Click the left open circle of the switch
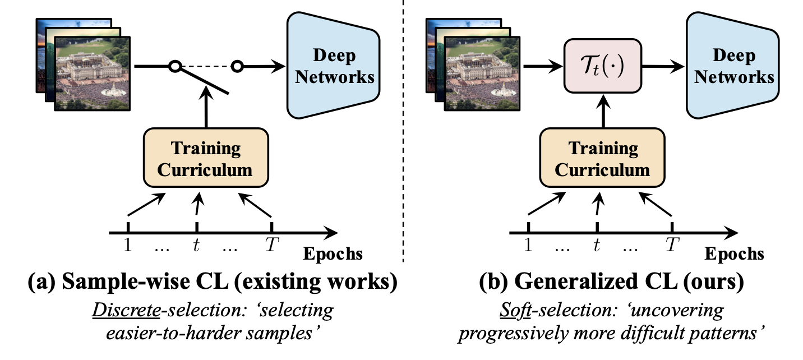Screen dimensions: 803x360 click(x=175, y=66)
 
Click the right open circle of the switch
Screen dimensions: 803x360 click(x=237, y=66)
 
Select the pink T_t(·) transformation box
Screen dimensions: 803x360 click(x=603, y=66)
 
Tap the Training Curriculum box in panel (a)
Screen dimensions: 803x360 click(x=206, y=158)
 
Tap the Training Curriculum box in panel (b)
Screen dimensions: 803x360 click(x=602, y=158)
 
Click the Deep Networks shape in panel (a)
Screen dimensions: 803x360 click(x=334, y=66)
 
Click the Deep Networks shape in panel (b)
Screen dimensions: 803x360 click(x=733, y=66)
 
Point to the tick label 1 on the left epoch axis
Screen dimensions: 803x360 click(x=128, y=245)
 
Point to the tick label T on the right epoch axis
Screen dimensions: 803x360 click(x=672, y=245)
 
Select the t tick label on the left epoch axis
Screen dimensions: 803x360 click(x=196, y=245)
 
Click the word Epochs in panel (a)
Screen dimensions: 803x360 click(x=333, y=254)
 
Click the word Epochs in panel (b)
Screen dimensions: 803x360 click(x=734, y=254)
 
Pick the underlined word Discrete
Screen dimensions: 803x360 click(x=127, y=310)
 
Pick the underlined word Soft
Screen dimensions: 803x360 click(x=515, y=310)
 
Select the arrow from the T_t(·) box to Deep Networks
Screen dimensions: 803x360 click(x=663, y=66)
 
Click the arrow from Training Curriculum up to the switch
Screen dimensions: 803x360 click(x=206, y=107)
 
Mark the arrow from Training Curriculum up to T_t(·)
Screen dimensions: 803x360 click(x=603, y=111)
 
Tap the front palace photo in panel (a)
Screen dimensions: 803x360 click(x=92, y=73)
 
